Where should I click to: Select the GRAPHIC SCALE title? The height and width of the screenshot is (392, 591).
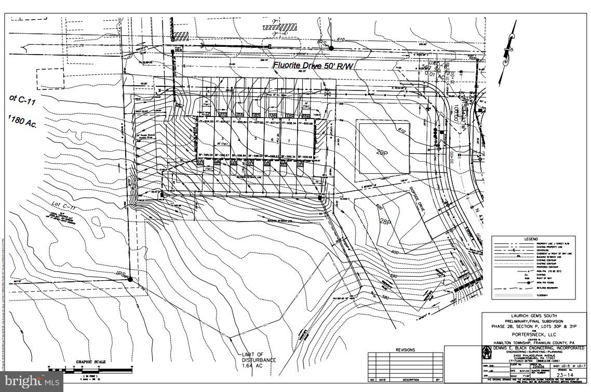coord(91,362)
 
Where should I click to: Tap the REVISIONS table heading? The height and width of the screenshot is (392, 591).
coord(406,350)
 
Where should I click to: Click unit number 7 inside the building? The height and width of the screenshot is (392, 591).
coord(288,140)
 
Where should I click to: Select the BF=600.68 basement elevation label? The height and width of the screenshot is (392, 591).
coord(305,156)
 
